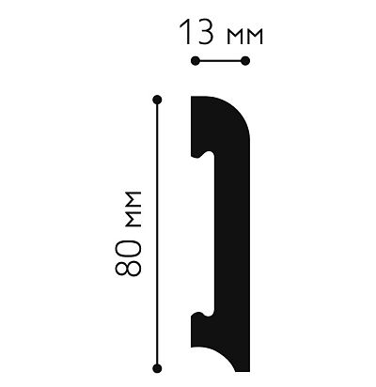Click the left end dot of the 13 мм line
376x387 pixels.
pos(193,61)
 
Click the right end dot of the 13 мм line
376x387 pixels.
pos(246,61)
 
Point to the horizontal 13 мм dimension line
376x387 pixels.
pos(219,61)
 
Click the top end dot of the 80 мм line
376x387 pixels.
pos(157,98)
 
